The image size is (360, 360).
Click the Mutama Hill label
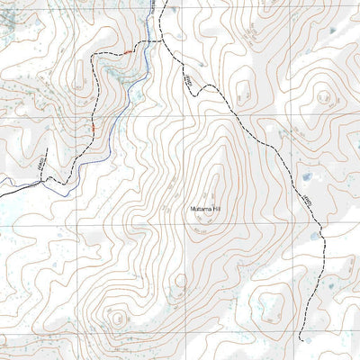(206, 209)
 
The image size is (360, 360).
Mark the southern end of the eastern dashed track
(300, 340)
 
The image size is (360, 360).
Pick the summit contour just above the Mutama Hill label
(212, 191)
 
